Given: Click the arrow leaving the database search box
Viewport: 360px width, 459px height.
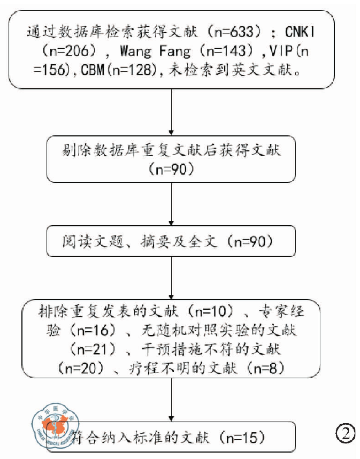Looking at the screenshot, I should tap(171, 110).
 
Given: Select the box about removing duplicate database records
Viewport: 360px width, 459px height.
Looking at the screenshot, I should tap(171, 159).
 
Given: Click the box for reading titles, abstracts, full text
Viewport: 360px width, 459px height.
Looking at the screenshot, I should tap(171, 242).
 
